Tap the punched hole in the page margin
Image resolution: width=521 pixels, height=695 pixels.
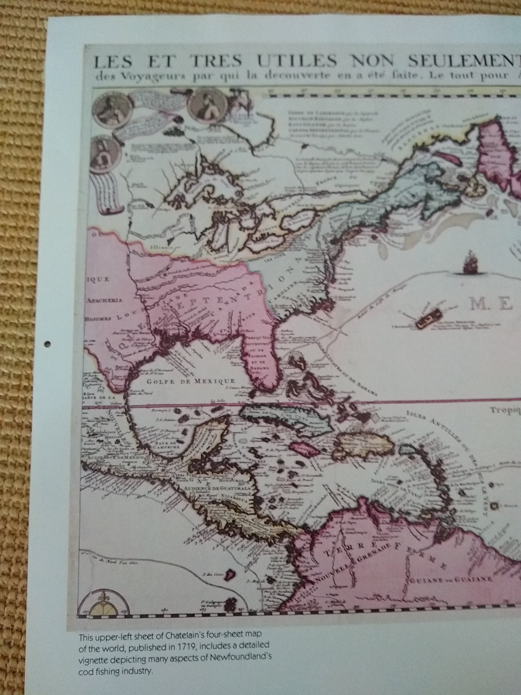coord(47,344)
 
